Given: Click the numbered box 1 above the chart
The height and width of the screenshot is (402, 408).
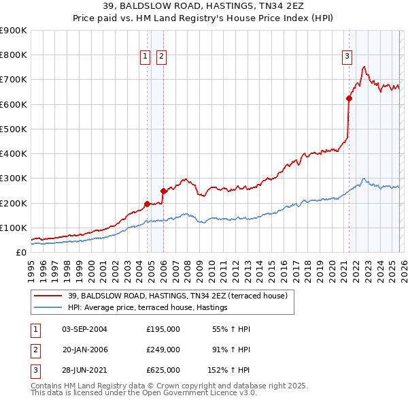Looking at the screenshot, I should (x=146, y=57).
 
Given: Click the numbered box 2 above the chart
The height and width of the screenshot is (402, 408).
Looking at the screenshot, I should (x=161, y=57).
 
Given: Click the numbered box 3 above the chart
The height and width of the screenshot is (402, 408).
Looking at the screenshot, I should (x=347, y=57).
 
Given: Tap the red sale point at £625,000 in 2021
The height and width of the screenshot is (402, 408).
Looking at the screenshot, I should (x=349, y=98).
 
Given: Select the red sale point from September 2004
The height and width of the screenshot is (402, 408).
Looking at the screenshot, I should (x=147, y=204).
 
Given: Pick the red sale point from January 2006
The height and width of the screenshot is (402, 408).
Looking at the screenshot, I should (x=163, y=191).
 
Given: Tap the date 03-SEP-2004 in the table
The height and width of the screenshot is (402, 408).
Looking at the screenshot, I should (x=84, y=329).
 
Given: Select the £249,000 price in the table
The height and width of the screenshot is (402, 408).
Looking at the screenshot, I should (x=163, y=349).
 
